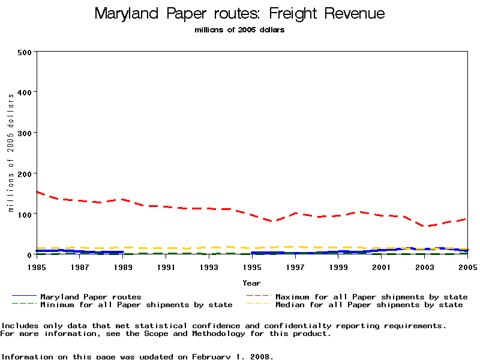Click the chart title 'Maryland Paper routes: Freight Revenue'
coord(240,14)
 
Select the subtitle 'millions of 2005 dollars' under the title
coord(240,30)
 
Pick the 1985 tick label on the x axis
coord(37,266)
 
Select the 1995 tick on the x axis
coord(252,266)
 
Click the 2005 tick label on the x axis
coord(467,266)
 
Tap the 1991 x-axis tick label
coord(166,266)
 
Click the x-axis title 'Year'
coord(252,283)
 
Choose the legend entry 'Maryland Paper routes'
coord(91,296)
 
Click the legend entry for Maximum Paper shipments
coord(371,296)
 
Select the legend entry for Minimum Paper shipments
coord(136,305)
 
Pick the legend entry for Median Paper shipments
coord(369,305)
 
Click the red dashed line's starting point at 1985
coord(37,192)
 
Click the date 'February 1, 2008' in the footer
coord(233,356)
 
